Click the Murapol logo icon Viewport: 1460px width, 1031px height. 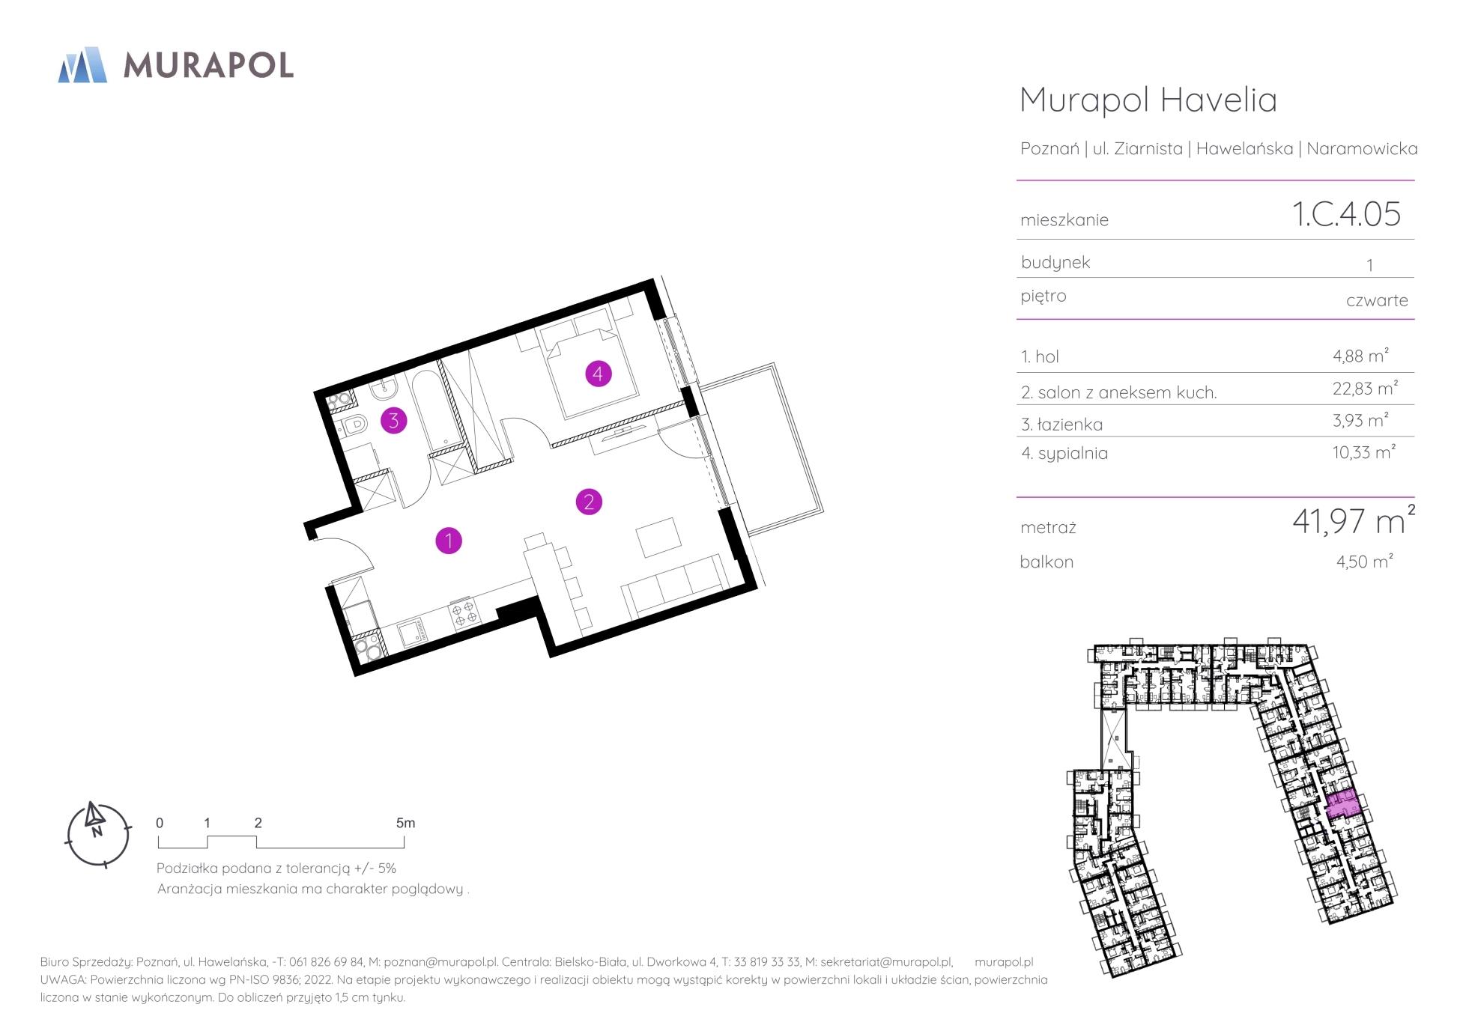82,64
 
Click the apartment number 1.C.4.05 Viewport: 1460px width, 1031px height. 1346,213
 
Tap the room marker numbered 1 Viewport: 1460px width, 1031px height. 449,540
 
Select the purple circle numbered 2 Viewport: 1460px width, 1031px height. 589,501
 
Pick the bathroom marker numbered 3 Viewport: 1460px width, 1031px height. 393,420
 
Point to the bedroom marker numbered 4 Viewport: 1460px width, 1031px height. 598,372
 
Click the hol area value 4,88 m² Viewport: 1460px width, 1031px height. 1360,356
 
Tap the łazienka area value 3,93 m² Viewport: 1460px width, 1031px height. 1360,420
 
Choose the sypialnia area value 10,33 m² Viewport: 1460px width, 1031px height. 1363,452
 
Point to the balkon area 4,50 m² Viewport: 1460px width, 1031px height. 1364,561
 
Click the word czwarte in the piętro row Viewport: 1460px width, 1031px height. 1377,300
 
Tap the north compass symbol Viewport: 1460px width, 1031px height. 98,834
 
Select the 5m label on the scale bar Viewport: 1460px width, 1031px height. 405,823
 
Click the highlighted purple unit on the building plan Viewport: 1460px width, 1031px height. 1343,804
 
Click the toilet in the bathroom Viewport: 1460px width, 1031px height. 354,425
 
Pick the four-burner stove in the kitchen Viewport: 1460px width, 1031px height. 464,612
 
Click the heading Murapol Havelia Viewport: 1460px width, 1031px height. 1148,100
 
